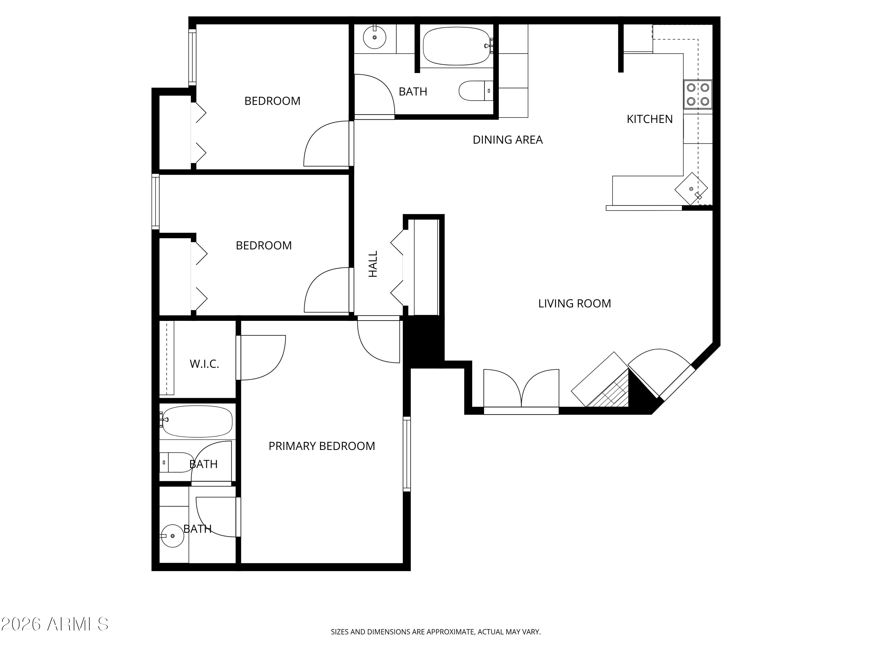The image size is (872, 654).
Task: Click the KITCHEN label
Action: click(x=650, y=119)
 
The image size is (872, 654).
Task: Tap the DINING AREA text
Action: click(x=508, y=140)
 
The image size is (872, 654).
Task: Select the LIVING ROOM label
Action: click(x=575, y=303)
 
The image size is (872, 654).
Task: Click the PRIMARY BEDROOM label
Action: click(x=322, y=446)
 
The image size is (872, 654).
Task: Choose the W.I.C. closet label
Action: click(x=204, y=364)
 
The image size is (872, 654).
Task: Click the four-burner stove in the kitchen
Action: click(x=698, y=94)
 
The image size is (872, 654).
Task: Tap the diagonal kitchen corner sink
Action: click(x=691, y=189)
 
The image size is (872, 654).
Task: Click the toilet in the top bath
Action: click(x=476, y=91)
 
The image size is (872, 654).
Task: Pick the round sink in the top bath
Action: click(x=374, y=37)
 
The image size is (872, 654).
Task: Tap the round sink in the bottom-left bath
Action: click(x=172, y=536)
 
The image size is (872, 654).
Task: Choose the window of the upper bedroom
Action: click(x=192, y=57)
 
